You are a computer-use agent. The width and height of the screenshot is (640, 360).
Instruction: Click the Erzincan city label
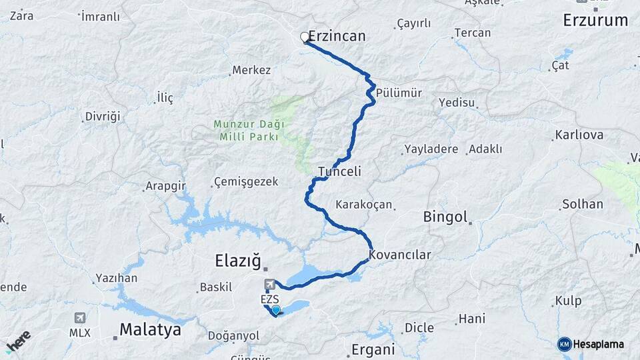337,36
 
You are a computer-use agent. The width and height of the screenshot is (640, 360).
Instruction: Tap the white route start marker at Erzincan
305,37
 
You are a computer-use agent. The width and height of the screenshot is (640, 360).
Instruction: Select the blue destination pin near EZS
275,309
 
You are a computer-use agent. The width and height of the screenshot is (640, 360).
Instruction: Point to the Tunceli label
339,171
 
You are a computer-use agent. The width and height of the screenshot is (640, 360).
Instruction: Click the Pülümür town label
399,93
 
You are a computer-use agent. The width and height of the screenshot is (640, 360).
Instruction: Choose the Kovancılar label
400,255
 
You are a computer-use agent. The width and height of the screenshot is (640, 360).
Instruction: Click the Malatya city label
151,329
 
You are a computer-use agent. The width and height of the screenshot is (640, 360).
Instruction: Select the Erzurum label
595,20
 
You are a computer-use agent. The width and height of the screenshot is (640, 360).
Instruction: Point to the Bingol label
445,217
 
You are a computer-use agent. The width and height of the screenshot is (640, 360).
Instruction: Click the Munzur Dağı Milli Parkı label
249,130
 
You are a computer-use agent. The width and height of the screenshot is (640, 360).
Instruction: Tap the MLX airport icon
80,318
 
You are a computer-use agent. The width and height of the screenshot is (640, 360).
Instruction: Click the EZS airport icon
270,285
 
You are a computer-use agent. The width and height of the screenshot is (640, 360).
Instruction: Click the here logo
19,340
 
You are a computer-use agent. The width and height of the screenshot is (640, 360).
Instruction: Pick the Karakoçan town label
364,205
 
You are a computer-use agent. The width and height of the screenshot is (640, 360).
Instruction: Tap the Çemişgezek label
246,182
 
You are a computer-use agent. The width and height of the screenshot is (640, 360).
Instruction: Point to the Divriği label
102,117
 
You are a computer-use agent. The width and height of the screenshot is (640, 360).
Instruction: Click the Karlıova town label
578,135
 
